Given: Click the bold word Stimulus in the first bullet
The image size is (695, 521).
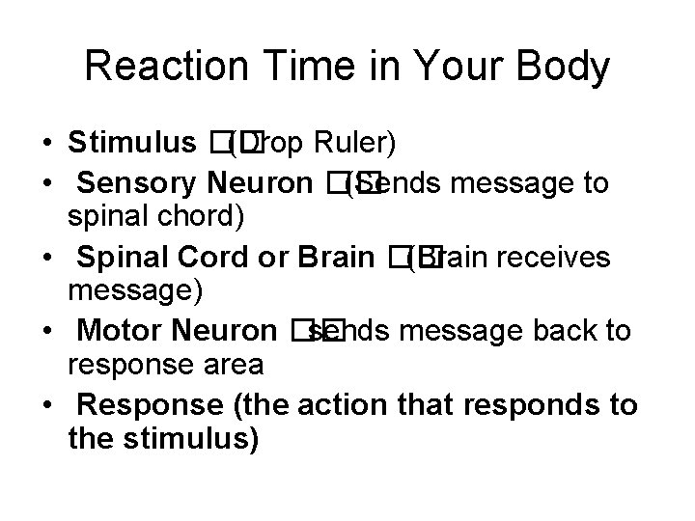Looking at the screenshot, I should (x=132, y=144).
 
